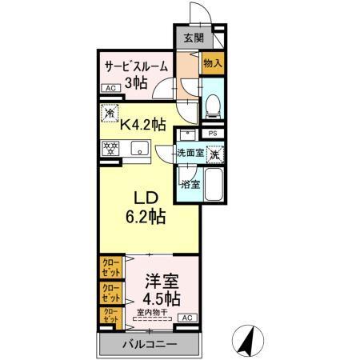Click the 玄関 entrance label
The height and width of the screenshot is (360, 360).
pyautogui.click(x=193, y=37)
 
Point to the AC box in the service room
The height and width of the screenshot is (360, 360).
pyautogui.click(x=110, y=90)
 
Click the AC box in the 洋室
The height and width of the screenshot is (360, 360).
pyautogui.click(x=186, y=318)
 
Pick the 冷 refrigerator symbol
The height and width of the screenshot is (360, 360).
pyautogui.click(x=110, y=114)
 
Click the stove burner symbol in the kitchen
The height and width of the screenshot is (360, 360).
pyautogui.click(x=110, y=147)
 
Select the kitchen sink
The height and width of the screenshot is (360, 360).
pyautogui.click(x=138, y=147)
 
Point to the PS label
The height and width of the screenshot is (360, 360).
pyautogui.click(x=212, y=134)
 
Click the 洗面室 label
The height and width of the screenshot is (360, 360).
pyautogui.click(x=190, y=152)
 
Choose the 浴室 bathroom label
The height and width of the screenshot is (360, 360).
pyautogui.click(x=190, y=184)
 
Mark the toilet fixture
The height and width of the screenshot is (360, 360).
pyautogui.click(x=212, y=104)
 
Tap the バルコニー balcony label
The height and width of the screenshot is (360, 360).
pyautogui.click(x=149, y=344)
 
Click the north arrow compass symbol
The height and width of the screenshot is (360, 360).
pyautogui.click(x=249, y=341)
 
